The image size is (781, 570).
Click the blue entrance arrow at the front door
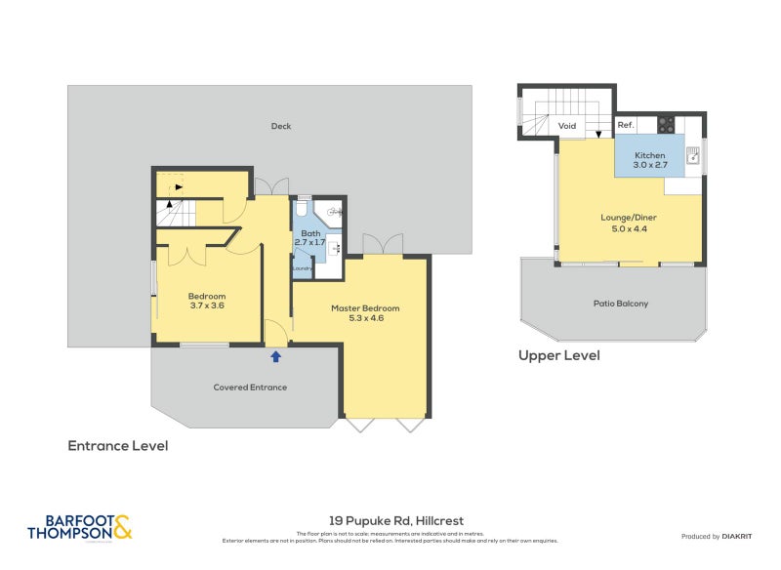coord(275,356)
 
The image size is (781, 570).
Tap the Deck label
coord(281,126)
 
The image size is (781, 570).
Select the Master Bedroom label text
coord(365,307)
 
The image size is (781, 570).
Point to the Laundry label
coord(302,268)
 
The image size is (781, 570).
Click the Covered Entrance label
coord(250,387)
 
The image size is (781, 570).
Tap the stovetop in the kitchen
coord(667,125)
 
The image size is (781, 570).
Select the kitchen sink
coord(693,154)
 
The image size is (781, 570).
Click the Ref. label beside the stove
coord(626,126)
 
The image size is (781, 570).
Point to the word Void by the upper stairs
coord(567,126)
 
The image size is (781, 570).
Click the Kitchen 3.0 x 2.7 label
coord(650,160)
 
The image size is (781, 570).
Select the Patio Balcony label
coord(621,304)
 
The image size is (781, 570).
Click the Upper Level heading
coord(558,355)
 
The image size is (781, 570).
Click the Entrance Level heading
coord(118,445)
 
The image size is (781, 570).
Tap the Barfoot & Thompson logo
coord(79,527)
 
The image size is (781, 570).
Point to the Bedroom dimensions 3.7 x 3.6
coord(207,305)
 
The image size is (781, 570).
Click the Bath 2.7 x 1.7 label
coord(310,239)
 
